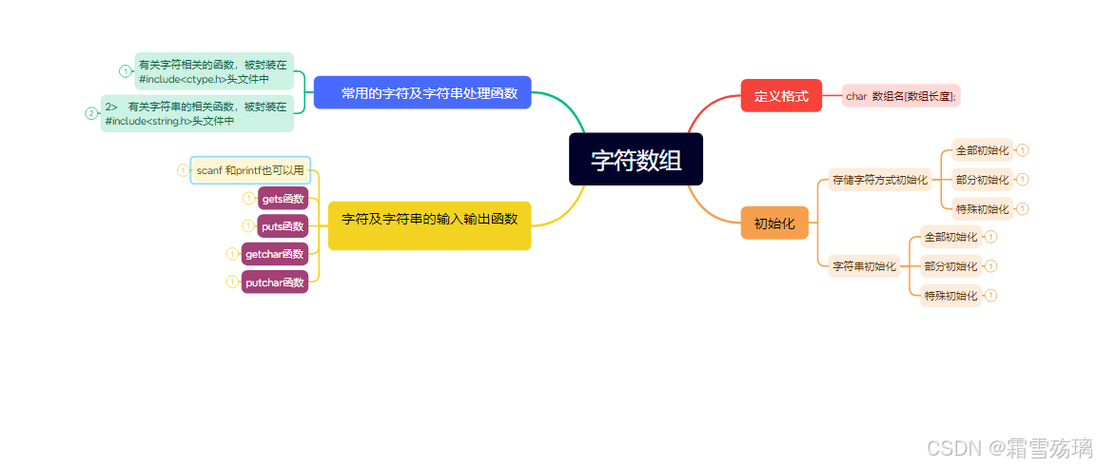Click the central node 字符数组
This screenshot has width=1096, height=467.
coord(636,160)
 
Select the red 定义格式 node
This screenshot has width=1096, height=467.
coord(780,95)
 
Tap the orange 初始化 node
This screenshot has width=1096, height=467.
coord(773,223)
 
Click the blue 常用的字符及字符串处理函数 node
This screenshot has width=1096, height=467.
coord(422,92)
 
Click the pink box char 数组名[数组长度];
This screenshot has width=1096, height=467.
coord(901,95)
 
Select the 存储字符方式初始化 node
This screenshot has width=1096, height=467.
coord(879,179)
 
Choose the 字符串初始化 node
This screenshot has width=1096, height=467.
coord(864,266)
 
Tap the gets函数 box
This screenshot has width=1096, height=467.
coord(283,198)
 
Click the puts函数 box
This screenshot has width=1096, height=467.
coord(283,226)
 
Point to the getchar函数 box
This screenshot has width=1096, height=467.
coord(274,254)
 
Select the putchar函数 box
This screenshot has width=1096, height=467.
coord(274,282)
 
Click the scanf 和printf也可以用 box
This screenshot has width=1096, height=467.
coord(250,170)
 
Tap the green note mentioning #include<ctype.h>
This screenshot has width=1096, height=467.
coord(213,71)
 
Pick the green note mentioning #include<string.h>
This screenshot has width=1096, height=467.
coord(197,113)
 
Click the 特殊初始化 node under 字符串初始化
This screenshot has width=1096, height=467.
coord(950,296)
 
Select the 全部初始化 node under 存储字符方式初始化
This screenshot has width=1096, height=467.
coord(982,150)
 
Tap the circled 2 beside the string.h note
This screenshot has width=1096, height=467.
coord(91,113)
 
